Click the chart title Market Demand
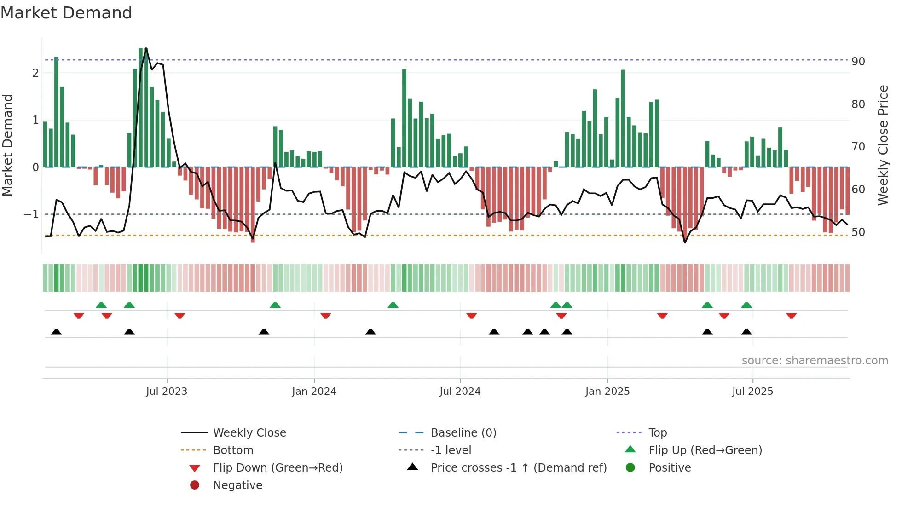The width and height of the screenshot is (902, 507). click(x=66, y=13)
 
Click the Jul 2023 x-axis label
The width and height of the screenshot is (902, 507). click(x=167, y=392)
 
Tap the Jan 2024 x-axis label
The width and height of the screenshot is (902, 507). click(x=314, y=392)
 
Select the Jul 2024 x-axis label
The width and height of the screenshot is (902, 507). click(x=460, y=392)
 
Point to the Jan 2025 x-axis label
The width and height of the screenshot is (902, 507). click(x=607, y=392)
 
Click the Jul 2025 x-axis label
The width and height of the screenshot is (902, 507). click(x=752, y=392)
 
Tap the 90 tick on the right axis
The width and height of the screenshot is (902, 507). click(x=858, y=62)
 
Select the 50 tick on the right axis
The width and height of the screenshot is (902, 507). click(x=858, y=232)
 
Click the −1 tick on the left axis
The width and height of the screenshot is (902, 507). click(x=31, y=214)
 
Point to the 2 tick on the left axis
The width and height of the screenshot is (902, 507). click(x=35, y=73)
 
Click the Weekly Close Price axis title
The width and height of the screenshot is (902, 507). click(x=883, y=145)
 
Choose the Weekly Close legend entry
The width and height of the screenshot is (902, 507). click(x=249, y=433)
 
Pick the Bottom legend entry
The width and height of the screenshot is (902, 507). click(x=233, y=450)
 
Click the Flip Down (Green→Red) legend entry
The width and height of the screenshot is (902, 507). click(x=278, y=468)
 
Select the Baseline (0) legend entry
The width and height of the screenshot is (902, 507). click(x=463, y=433)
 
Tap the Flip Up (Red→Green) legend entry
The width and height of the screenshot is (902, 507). click(x=705, y=450)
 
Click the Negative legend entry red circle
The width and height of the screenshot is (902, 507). click(x=195, y=485)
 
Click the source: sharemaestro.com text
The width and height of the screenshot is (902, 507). click(x=815, y=361)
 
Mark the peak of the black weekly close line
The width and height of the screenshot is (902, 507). click(x=146, y=48)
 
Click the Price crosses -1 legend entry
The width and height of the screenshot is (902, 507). click(x=518, y=468)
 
